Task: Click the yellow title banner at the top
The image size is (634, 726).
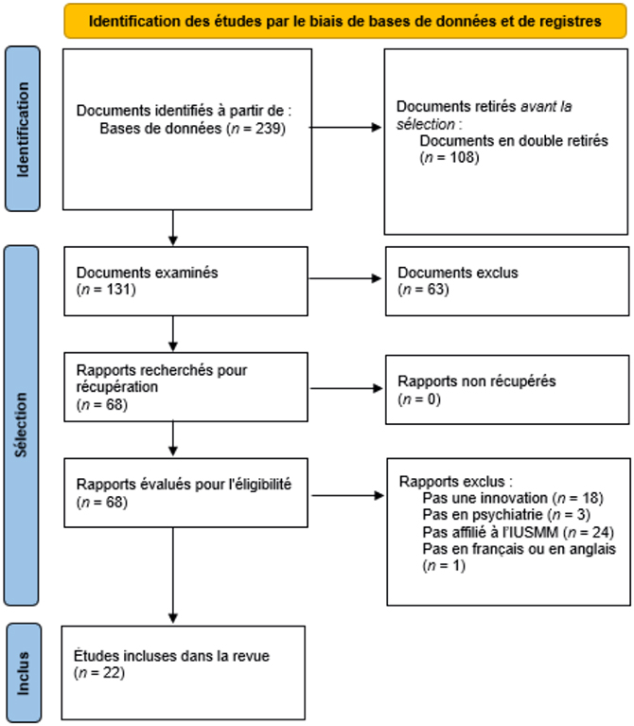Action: tap(345, 21)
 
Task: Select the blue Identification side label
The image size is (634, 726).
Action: tap(22, 129)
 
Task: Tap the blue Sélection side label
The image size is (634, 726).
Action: tap(21, 425)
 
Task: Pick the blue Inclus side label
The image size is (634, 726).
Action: tap(23, 673)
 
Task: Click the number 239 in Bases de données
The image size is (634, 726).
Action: tap(268, 128)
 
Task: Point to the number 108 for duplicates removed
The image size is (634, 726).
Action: tap(462, 157)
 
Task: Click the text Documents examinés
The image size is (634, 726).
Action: tap(148, 273)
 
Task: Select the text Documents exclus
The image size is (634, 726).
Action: tap(458, 273)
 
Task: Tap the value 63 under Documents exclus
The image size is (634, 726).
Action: tap(435, 290)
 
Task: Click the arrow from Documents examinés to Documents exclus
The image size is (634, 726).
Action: tap(344, 278)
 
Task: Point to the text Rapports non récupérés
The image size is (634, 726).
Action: tap(477, 381)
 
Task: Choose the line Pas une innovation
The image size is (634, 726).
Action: tap(513, 498)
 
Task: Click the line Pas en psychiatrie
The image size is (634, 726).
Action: tap(506, 514)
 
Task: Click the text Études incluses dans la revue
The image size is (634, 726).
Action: tap(171, 656)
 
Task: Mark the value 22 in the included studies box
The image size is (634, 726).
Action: tap(111, 673)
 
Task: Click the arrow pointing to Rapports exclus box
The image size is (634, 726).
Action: tap(348, 495)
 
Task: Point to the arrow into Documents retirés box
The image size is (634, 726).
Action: tap(344, 128)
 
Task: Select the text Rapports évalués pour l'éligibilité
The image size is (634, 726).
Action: tap(184, 485)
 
